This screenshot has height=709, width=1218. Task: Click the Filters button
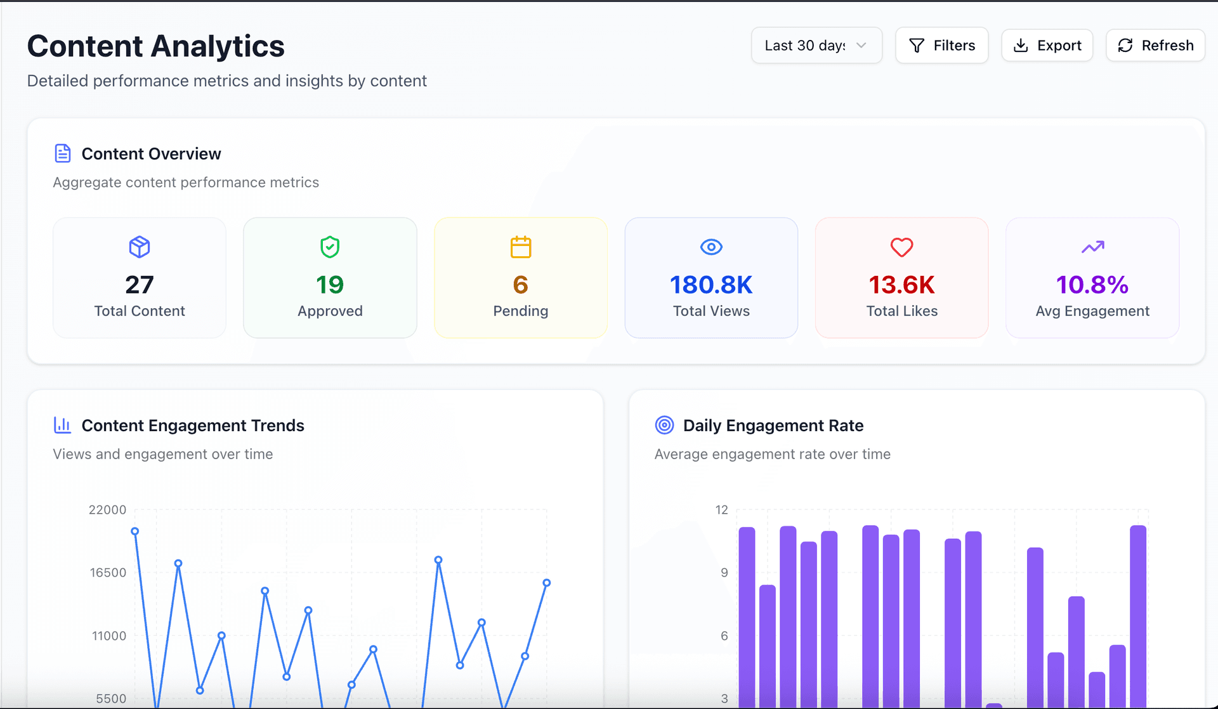click(x=941, y=45)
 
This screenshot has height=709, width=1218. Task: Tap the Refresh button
click(x=1155, y=45)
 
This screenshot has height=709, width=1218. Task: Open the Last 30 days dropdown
click(x=816, y=45)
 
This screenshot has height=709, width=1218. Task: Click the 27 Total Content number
click(x=140, y=285)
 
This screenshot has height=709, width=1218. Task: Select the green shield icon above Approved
click(x=330, y=247)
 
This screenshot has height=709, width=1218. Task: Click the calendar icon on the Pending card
click(x=521, y=247)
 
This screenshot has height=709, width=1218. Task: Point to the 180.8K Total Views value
click(x=711, y=285)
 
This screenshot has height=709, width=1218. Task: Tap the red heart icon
click(x=901, y=247)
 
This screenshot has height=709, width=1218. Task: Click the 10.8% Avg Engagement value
click(x=1092, y=285)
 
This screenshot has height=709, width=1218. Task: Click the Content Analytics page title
click(x=156, y=46)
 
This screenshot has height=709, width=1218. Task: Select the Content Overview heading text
click(x=151, y=153)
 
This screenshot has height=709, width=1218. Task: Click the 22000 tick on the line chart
click(x=107, y=510)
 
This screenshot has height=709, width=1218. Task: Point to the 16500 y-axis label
click(x=108, y=573)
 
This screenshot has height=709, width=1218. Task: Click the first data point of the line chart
click(x=134, y=531)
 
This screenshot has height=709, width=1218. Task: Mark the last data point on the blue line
click(x=546, y=583)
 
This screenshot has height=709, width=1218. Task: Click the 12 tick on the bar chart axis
click(x=722, y=510)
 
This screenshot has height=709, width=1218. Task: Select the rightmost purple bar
click(x=1138, y=615)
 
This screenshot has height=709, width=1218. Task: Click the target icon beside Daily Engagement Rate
click(x=664, y=425)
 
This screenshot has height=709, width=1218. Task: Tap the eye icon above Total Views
click(x=711, y=247)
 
